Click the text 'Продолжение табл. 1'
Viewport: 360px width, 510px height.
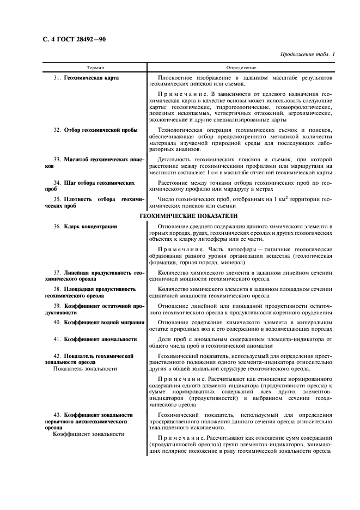[x=307, y=54]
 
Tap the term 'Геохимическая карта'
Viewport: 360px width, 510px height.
[x=91, y=78]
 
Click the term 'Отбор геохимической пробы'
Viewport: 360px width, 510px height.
[x=101, y=130]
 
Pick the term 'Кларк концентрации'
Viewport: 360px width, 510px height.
[x=90, y=226]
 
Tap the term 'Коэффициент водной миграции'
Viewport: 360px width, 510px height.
[x=103, y=323]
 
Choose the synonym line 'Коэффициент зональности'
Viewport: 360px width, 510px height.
[x=88, y=434]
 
